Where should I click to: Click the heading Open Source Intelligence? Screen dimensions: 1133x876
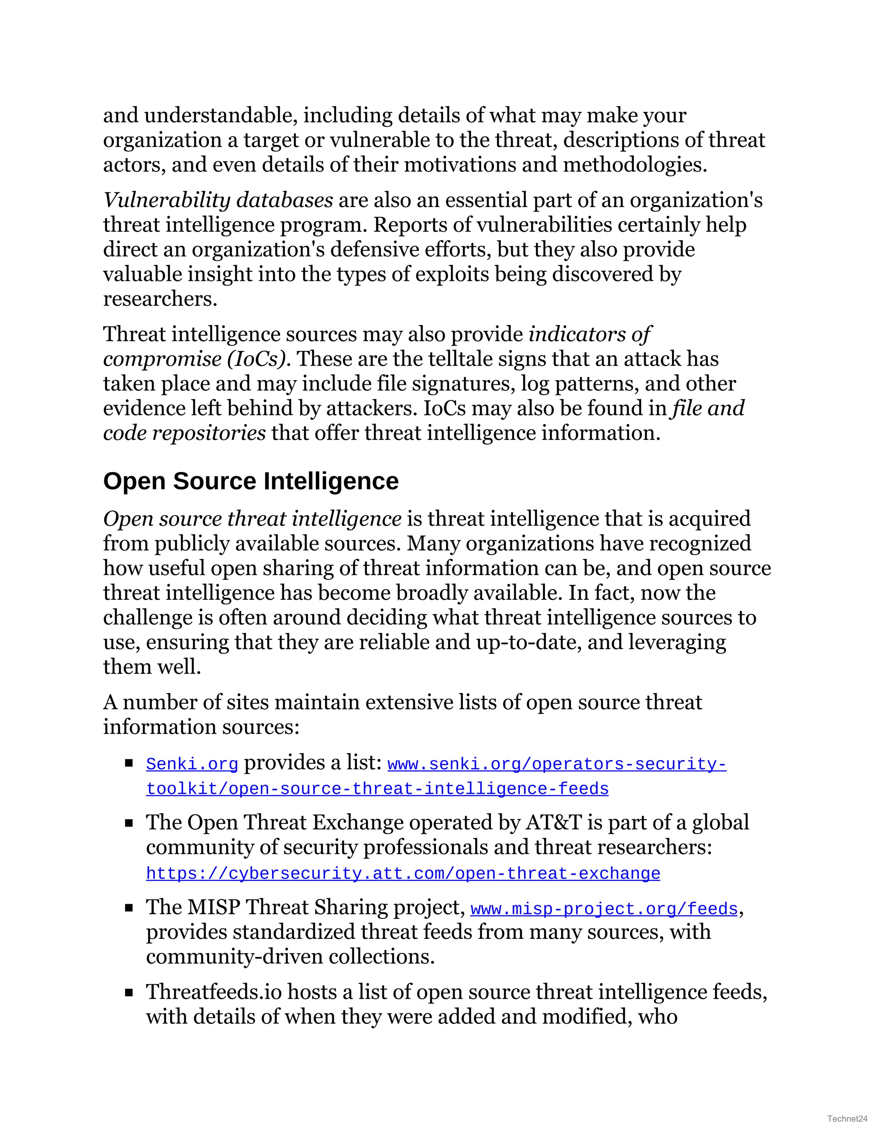pos(251,481)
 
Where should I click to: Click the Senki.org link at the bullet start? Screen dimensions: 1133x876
pos(192,764)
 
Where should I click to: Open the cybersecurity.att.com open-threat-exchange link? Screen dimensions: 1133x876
pos(402,873)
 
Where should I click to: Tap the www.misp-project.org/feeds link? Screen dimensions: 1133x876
pos(604,909)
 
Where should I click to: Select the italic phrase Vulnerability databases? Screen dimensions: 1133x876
pos(218,200)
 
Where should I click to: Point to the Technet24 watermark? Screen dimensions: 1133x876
pos(847,1118)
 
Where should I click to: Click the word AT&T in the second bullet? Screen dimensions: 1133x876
pos(553,823)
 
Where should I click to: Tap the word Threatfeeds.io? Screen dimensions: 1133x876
pos(214,992)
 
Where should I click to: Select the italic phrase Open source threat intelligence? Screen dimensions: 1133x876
pos(252,519)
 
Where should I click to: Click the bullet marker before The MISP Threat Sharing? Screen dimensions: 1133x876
pos(129,908)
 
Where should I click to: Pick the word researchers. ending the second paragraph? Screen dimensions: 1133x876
pos(160,299)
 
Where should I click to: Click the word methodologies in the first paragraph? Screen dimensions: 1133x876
pos(634,165)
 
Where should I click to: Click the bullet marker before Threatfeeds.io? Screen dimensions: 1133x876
pos(129,993)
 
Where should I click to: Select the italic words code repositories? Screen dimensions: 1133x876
pos(184,433)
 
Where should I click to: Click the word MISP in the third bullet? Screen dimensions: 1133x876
pos(213,907)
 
